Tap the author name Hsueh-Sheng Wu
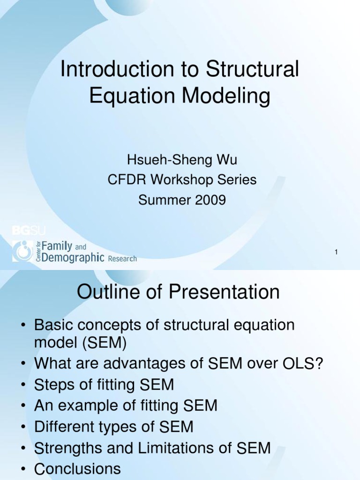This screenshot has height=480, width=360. pos(182,160)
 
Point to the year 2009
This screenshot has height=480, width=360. pos(209,200)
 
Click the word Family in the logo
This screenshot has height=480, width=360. pos(57,246)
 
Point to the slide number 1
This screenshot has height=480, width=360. pos(336,253)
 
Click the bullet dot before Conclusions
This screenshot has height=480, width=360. pos(23,469)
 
